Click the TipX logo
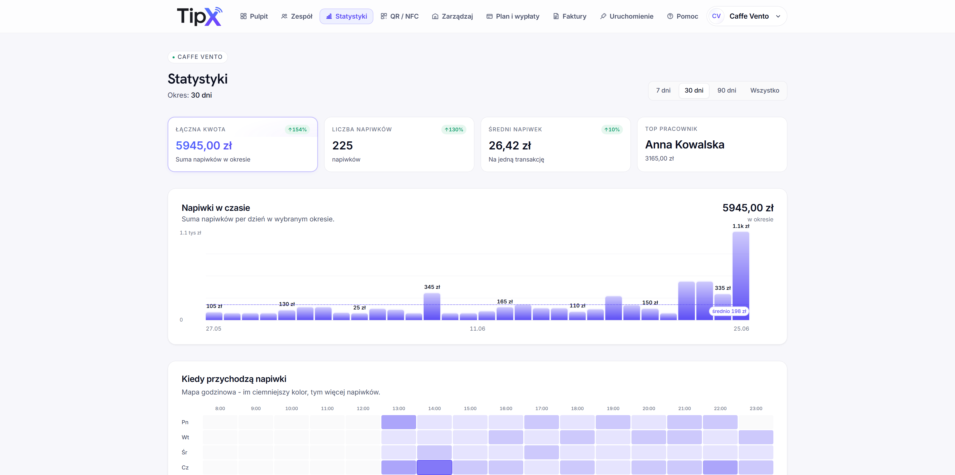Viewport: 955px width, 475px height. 200,16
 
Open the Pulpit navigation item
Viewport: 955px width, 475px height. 254,16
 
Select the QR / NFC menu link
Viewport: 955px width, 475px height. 400,16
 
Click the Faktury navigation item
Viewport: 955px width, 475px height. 569,16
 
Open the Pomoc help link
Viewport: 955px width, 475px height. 683,16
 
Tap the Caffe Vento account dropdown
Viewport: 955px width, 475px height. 747,16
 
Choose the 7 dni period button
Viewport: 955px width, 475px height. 663,91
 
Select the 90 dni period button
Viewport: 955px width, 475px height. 727,91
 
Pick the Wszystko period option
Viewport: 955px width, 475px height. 765,91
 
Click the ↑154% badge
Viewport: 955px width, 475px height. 297,129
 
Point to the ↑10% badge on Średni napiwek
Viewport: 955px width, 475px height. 612,129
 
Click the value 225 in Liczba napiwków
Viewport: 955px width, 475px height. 342,146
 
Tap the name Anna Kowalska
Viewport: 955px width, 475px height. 684,145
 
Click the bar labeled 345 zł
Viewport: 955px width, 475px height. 432,306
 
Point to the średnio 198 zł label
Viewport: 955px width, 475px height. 729,311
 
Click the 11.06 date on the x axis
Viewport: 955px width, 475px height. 477,329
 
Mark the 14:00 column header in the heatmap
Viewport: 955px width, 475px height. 434,408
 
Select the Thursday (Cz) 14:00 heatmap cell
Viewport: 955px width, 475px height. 434,467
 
